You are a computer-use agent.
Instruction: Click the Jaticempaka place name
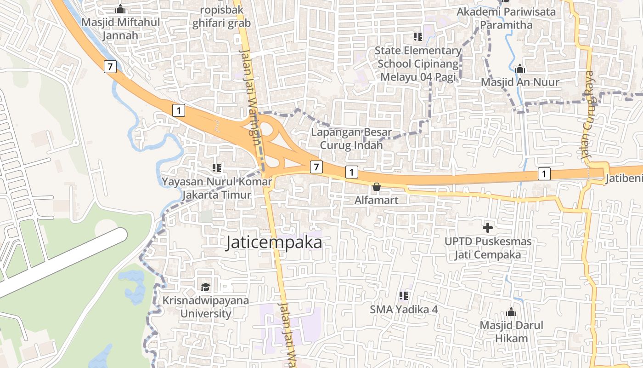tap(274, 243)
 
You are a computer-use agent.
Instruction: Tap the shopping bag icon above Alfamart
tap(376, 187)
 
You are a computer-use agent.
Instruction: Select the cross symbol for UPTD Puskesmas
tap(488, 227)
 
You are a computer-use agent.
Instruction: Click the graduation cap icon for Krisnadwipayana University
tap(205, 287)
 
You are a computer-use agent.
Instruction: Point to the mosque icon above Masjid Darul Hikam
tap(511, 312)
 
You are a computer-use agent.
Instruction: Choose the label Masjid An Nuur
tap(520, 82)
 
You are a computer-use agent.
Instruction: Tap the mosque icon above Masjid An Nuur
tap(520, 69)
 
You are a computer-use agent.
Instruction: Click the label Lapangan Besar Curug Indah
tap(351, 139)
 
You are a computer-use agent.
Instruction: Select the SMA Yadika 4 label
tap(404, 310)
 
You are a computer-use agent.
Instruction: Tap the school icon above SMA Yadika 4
tap(404, 296)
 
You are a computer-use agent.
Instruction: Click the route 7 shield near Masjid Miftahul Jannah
tap(110, 66)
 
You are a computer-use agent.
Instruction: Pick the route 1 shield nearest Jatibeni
tap(544, 174)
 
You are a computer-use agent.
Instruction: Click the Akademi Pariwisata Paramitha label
tap(506, 18)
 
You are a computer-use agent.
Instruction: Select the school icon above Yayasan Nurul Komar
tap(217, 168)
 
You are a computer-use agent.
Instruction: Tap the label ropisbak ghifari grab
tap(221, 17)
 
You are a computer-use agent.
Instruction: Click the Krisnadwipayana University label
tap(206, 307)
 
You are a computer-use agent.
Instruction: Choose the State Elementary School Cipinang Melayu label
tap(418, 63)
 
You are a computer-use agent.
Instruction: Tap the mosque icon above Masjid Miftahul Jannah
tap(120, 9)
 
